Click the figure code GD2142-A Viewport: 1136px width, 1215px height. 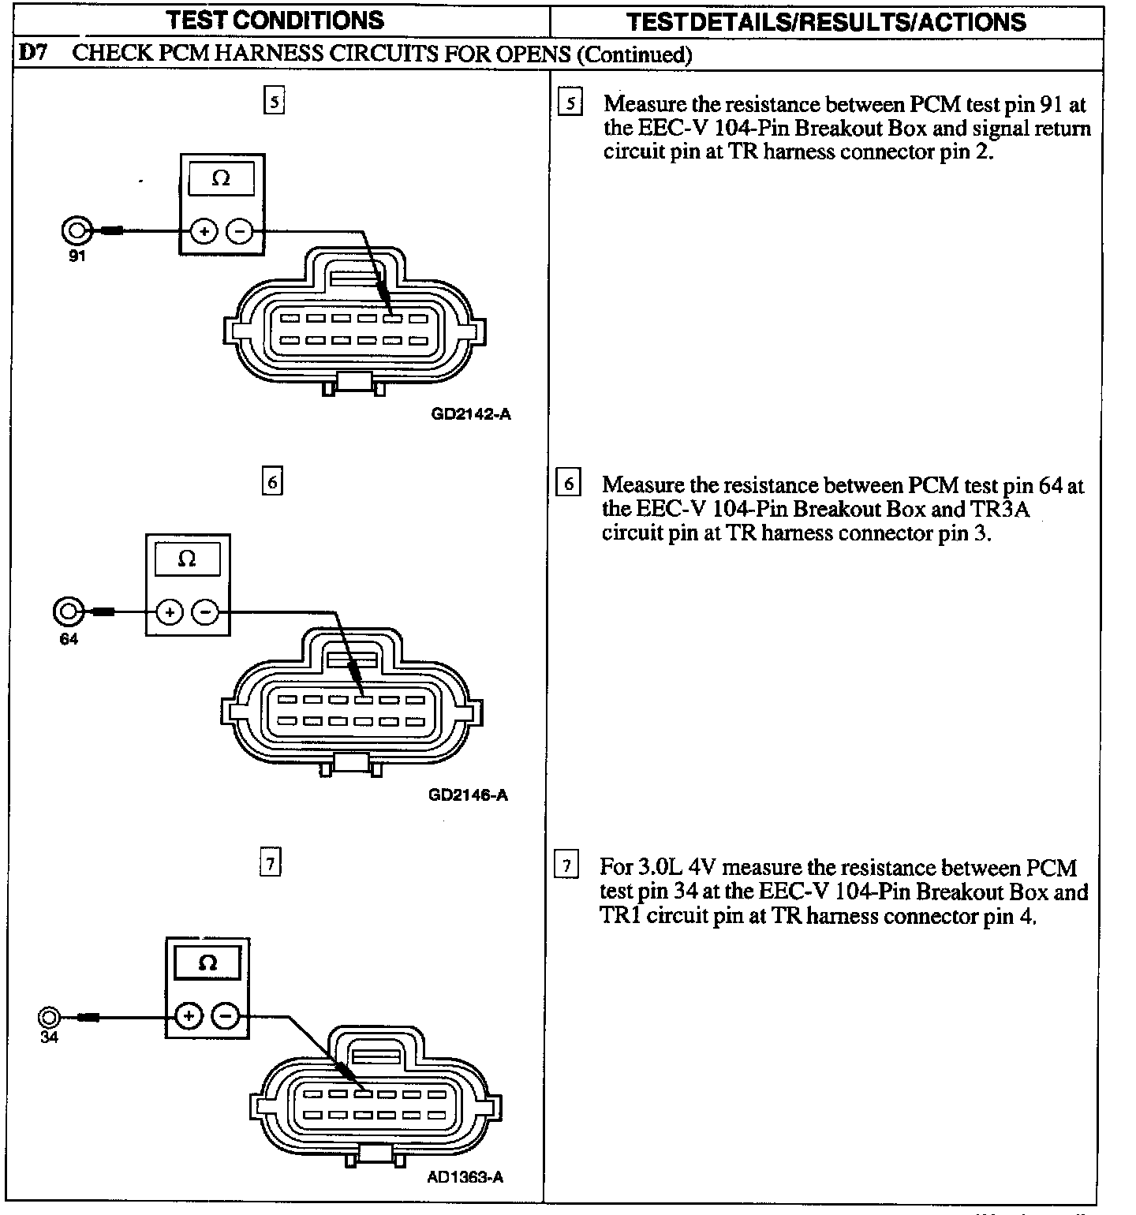471,413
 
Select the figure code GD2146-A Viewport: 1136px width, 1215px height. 469,794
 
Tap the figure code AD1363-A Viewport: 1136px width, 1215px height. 465,1177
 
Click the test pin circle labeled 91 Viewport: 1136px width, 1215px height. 77,230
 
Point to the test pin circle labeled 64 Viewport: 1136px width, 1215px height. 68,611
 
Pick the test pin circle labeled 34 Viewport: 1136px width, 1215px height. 48,1017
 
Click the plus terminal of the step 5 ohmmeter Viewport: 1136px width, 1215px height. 204,231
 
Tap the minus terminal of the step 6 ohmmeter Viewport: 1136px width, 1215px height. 206,611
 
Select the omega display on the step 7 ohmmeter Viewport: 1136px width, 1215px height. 207,963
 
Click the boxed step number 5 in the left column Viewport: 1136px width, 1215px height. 274,102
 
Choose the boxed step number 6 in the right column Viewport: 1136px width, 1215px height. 569,482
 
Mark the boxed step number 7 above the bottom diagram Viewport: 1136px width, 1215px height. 270,864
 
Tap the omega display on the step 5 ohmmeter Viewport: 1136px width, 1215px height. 222,179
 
